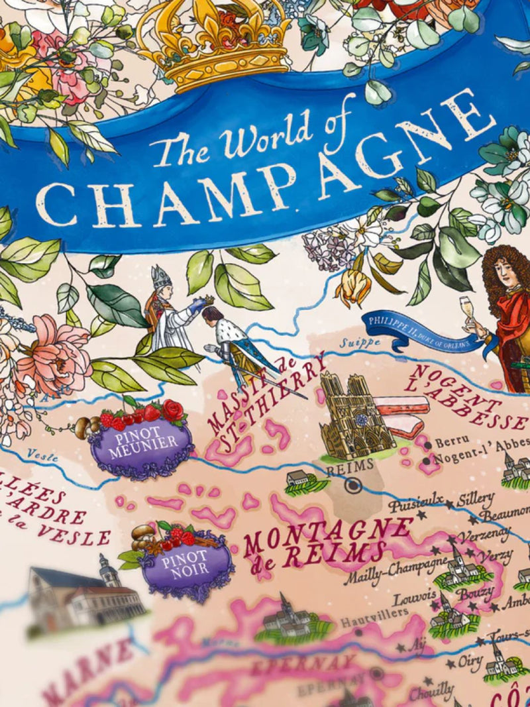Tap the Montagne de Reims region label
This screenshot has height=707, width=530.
pyautogui.click(x=325, y=539)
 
